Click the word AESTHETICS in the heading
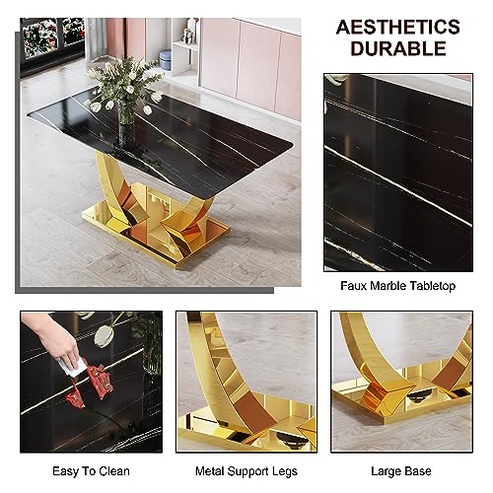(x=398, y=27)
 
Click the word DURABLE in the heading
(x=398, y=48)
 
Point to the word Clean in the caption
(x=114, y=471)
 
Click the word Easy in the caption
(x=65, y=471)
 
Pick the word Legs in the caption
(x=285, y=471)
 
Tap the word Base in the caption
(x=417, y=471)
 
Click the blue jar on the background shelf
(x=165, y=59)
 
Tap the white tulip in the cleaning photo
(x=102, y=334)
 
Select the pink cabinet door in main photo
(x=258, y=64)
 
